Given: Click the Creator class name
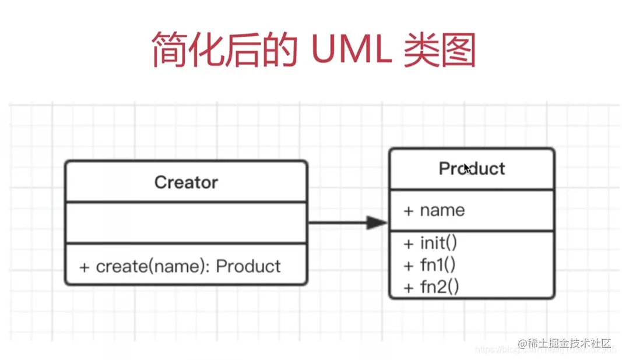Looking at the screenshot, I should click(186, 182).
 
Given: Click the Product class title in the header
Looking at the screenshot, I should click(472, 169).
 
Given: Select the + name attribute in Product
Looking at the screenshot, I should click(434, 210).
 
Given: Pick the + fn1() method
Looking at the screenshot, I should click(430, 265).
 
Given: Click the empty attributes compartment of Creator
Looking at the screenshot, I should click(186, 223).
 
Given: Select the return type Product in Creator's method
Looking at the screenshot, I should click(248, 267).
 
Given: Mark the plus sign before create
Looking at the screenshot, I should click(85, 267).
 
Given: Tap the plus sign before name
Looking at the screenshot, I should click(408, 211).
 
